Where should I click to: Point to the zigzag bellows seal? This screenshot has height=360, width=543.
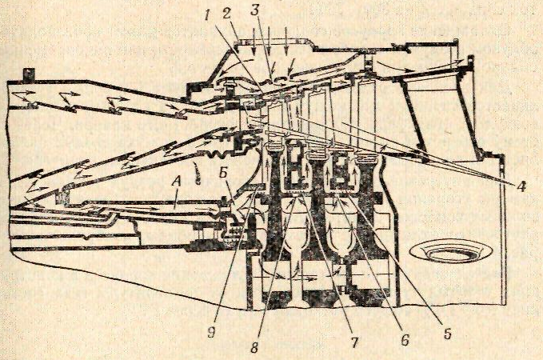pos(217,149)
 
